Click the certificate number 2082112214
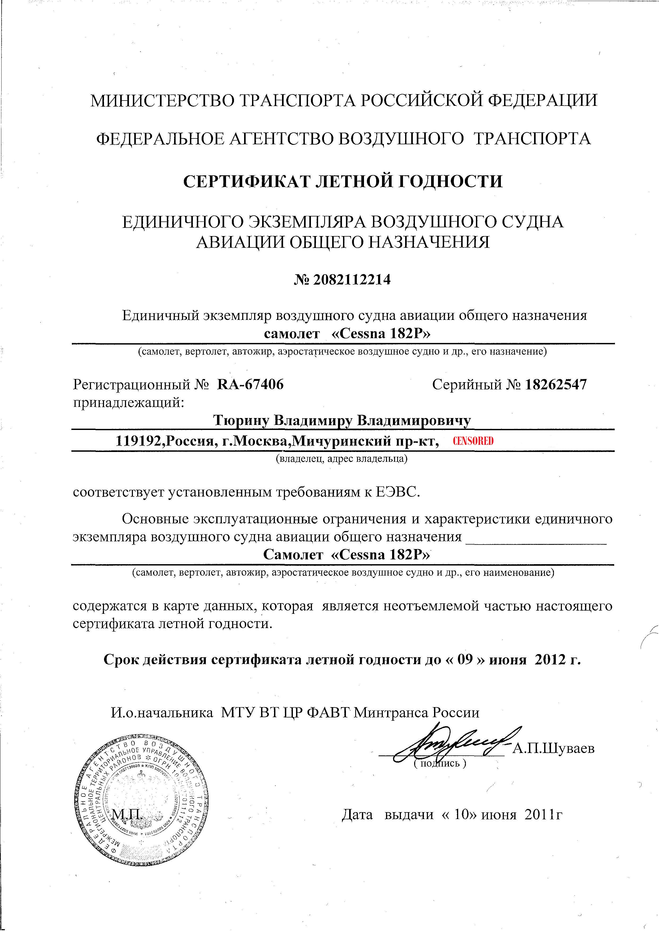(352, 280)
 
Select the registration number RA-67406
(250, 384)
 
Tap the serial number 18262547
(556, 384)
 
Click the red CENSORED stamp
(473, 441)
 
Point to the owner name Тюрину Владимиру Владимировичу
(342, 420)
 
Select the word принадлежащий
(128, 402)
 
